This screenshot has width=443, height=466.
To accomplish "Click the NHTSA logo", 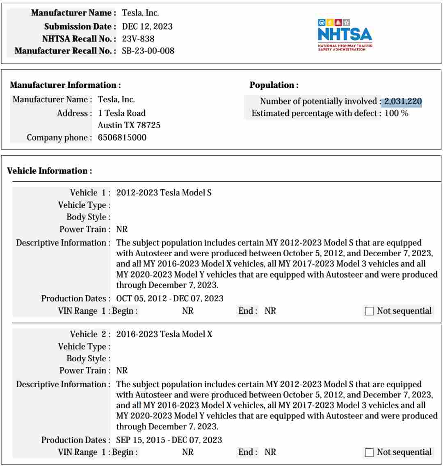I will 345,34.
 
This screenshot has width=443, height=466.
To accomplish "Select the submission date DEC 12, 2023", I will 147,27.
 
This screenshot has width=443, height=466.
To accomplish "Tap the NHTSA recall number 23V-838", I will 138,39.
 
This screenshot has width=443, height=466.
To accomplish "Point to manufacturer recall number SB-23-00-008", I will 148,51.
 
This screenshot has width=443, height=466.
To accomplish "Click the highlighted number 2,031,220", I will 403,101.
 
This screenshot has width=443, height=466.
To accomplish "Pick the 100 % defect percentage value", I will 396,113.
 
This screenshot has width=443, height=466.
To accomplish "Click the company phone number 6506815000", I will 122,138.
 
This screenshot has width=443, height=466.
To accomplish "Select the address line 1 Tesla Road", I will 121,113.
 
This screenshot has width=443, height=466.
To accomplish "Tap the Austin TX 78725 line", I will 129,125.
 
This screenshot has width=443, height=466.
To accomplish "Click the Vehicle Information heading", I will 50,171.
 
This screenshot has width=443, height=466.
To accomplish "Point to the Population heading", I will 274,85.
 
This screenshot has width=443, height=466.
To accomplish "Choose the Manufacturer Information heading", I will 65,85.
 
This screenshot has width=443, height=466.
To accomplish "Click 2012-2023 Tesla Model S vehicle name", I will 164,193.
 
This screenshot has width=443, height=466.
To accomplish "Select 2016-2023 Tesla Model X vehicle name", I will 164,334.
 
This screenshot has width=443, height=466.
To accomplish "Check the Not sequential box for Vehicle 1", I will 369,311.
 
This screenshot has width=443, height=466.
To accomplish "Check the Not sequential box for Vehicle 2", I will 369,452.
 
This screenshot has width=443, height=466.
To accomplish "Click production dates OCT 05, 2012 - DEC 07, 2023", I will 169,298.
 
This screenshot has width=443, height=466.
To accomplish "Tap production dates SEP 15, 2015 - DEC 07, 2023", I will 169,440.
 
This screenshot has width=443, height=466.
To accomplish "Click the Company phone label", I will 59,138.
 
